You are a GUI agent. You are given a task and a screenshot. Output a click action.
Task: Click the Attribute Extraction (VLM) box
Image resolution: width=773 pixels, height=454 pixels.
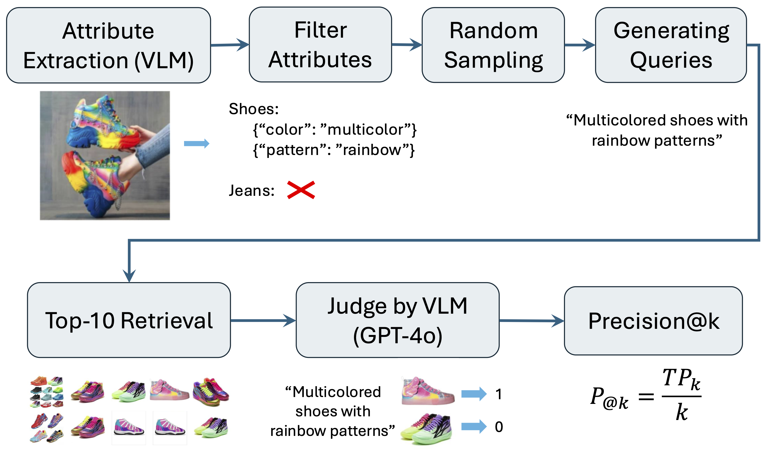pos(108,45)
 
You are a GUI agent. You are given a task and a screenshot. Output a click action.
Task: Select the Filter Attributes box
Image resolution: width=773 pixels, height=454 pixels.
pos(320,45)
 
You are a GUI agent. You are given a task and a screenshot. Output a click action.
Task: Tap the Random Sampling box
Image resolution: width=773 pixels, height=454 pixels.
pos(493,45)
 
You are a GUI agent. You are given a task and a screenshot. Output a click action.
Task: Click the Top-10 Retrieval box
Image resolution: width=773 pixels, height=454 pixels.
pos(129,320)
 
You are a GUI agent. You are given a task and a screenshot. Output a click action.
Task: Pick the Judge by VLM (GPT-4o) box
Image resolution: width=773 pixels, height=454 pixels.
pos(397,320)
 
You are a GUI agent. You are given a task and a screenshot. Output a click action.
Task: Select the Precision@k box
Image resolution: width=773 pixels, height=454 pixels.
pos(653,321)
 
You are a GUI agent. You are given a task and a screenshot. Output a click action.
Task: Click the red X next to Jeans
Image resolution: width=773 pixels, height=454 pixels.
pos(301,190)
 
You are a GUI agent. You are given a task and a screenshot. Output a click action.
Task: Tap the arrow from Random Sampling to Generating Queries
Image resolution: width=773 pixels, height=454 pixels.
pos(579,45)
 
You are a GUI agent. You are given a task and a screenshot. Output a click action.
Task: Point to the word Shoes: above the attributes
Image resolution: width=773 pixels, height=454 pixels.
pos(254,109)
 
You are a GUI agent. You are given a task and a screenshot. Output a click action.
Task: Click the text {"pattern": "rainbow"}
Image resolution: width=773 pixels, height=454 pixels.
pos(334,150)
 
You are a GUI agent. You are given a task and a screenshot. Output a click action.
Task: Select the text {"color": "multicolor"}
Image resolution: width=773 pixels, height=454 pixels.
pos(335,130)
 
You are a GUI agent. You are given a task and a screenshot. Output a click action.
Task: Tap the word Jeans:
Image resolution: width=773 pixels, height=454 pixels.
pos(252,190)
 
